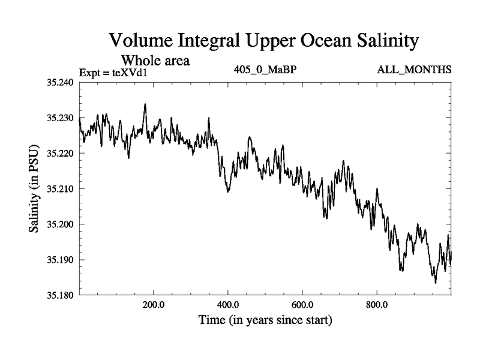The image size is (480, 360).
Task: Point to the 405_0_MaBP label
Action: coord(265,71)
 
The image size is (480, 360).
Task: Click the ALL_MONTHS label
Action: coord(414,71)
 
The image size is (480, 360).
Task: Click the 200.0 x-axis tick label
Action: coord(154,304)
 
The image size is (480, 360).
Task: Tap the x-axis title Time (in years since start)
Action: coord(265,320)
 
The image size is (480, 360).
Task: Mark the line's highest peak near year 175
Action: coord(145,104)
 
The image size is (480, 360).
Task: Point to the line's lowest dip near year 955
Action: coord(435,282)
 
